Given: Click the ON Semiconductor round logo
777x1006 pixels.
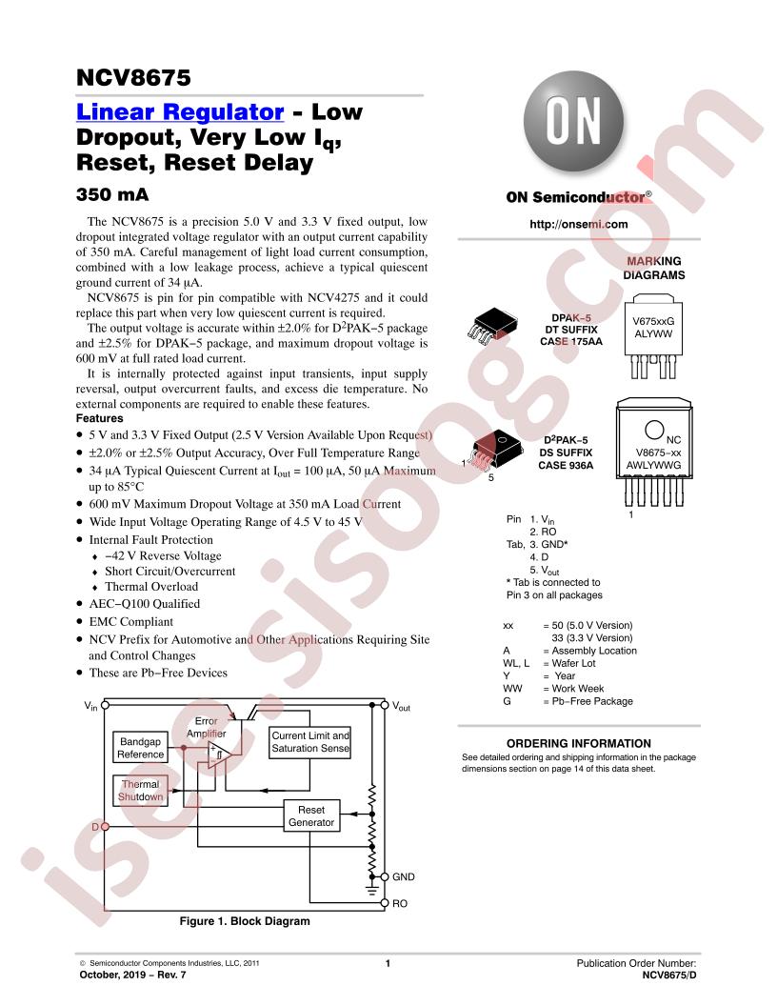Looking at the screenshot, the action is [573, 121].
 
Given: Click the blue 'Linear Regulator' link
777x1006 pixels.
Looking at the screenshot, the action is [180, 111].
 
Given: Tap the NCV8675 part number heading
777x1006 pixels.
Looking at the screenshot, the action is [133, 77].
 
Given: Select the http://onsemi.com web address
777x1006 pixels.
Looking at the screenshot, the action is [578, 224].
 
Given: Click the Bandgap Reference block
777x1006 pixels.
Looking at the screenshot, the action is [140, 748].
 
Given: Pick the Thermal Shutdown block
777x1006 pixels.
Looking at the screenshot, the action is [140, 791].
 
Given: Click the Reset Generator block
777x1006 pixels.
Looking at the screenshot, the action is [311, 816].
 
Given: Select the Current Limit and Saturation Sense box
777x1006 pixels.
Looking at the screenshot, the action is [310, 742].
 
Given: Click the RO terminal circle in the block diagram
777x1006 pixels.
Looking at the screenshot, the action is [385, 903].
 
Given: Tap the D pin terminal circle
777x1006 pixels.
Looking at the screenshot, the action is [105, 827].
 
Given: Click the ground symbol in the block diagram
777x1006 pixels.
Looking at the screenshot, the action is [371, 889].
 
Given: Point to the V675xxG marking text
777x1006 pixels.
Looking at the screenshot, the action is [653, 321].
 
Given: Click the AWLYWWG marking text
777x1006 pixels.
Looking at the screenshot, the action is [653, 465].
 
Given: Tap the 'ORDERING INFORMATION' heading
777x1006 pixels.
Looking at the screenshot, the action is [578, 744].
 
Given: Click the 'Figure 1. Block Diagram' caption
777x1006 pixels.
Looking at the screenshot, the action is [245, 921].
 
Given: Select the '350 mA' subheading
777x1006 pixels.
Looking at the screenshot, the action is [112, 194].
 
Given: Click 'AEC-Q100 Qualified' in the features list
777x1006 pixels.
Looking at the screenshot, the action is [144, 604].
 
